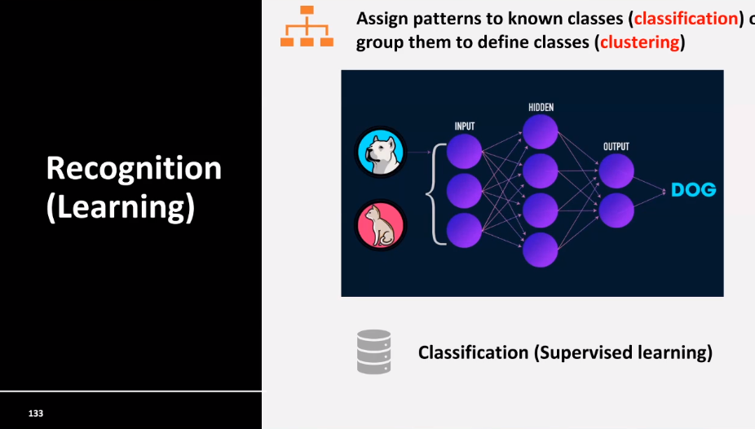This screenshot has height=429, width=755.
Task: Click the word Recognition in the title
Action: pyautogui.click(x=134, y=169)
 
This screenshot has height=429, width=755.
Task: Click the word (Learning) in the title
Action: pyautogui.click(x=121, y=207)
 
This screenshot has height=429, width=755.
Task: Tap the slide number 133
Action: pyautogui.click(x=36, y=414)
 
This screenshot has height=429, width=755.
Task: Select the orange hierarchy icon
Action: pyautogui.click(x=307, y=26)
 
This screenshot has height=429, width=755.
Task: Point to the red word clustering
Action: pyautogui.click(x=640, y=42)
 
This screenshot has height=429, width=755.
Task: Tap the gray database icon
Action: pyautogui.click(x=373, y=352)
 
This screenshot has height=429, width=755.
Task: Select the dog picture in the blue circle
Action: pyautogui.click(x=381, y=152)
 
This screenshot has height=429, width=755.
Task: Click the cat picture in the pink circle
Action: pyautogui.click(x=381, y=224)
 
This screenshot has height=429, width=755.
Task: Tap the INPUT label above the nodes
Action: pyautogui.click(x=465, y=126)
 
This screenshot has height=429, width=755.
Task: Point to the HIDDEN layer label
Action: pyautogui.click(x=541, y=108)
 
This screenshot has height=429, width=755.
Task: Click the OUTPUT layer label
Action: pyautogui.click(x=616, y=147)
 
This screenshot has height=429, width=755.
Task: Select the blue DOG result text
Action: pyautogui.click(x=693, y=190)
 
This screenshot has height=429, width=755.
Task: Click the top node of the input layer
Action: pyautogui.click(x=465, y=153)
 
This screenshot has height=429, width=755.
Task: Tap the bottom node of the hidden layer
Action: pyautogui.click(x=541, y=250)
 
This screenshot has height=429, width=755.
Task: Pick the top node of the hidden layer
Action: pyautogui.click(x=541, y=132)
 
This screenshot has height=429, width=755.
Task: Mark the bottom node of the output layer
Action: pyautogui.click(x=616, y=210)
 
